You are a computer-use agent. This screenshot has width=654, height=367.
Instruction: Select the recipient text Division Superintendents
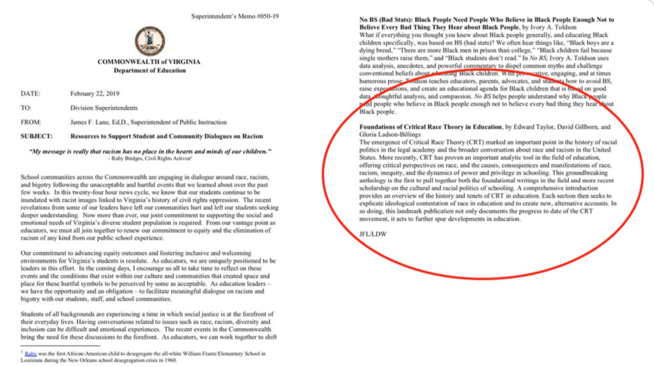click(103, 108)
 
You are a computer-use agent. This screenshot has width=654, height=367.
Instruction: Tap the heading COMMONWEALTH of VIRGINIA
click(148, 61)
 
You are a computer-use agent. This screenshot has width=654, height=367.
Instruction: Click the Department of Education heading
click(148, 70)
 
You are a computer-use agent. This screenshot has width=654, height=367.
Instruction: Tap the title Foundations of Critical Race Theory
click(426, 127)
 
